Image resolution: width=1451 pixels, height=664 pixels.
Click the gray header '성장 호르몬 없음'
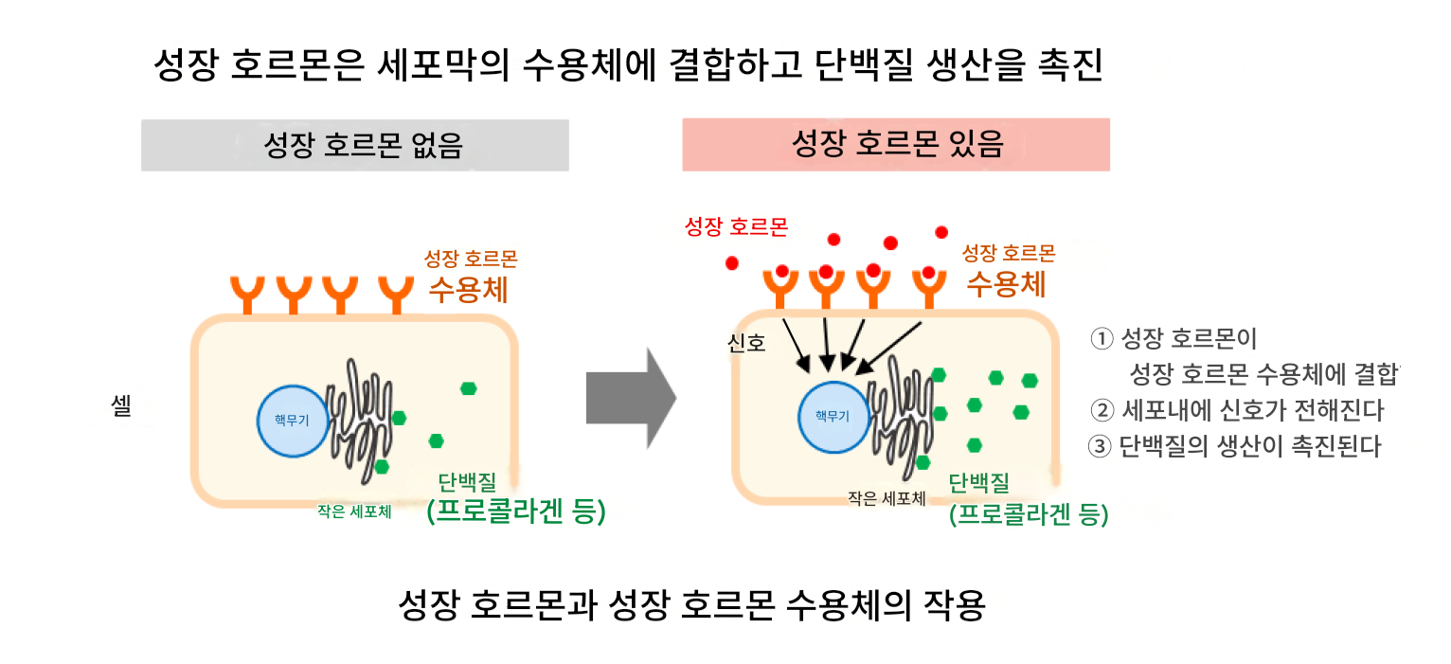355,145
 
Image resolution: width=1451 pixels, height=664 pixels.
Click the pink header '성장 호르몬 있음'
896,145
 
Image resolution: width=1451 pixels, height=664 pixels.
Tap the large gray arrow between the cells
631,399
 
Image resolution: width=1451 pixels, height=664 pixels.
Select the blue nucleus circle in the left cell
293,422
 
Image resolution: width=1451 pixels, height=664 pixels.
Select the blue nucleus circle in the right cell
833,417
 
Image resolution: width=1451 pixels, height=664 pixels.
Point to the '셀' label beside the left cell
121,406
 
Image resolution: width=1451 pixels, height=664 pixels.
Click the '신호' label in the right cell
746,343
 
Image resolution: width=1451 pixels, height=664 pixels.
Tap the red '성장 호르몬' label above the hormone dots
737,226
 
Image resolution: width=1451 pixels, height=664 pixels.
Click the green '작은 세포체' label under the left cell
354,511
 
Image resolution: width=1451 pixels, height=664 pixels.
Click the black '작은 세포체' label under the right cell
887,498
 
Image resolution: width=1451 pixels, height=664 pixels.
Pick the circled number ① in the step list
1102,338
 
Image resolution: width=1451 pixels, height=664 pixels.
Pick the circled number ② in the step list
1102,410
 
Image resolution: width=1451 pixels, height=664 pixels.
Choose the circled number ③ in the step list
1100,446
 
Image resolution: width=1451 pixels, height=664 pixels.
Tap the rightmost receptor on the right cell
929,289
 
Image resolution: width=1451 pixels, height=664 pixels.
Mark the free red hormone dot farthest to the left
732,263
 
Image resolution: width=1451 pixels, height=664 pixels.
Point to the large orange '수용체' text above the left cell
468,290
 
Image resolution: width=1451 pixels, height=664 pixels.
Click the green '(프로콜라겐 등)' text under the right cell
1029,514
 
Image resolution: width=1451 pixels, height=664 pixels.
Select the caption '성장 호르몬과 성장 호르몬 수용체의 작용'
691,604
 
